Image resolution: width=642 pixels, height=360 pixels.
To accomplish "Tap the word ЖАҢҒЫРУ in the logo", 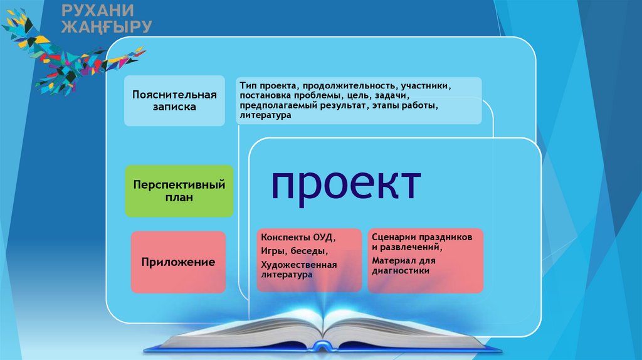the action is click(107, 26).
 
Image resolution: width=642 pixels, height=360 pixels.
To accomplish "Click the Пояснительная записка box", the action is click(174, 101).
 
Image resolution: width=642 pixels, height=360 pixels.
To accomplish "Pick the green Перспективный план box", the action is click(179, 191).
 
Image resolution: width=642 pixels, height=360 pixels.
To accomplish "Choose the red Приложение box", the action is click(178, 262).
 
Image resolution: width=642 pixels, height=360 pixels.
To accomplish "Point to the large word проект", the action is click(346, 184).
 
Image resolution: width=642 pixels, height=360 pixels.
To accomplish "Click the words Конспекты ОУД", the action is click(298, 238).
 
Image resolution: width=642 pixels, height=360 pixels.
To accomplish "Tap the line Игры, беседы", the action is click(295, 251).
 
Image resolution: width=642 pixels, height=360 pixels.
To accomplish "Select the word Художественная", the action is click(299, 265).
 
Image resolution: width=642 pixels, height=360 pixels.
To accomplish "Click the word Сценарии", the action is click(391, 237).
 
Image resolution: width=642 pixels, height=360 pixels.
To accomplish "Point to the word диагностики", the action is click(401, 271).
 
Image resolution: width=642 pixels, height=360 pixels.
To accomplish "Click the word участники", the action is click(426, 86).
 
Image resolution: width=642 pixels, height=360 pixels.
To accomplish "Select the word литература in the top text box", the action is click(265, 115).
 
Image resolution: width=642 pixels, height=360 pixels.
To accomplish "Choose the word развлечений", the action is click(411, 247).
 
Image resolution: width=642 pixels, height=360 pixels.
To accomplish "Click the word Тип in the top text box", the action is click(248, 86).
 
